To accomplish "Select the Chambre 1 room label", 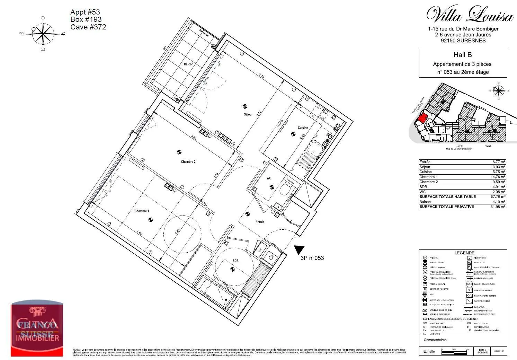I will (x=142, y=211).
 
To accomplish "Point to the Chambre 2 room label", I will (x=188, y=162).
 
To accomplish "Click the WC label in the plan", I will (x=269, y=178).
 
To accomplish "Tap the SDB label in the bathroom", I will (x=235, y=261).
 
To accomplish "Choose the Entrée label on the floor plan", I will (x=260, y=222).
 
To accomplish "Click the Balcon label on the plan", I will (x=188, y=64).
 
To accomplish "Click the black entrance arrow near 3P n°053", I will (x=299, y=250).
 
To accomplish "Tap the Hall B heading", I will (x=463, y=55).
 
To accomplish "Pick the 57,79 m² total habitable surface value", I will (x=499, y=196).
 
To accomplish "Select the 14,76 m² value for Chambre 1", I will (x=499, y=177).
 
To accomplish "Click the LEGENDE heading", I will (x=464, y=253).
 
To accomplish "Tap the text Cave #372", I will (x=88, y=27).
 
